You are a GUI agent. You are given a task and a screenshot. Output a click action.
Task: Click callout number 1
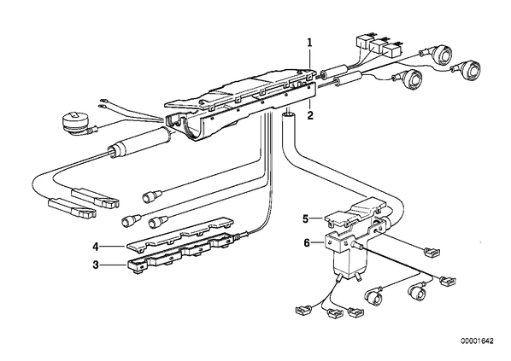309,43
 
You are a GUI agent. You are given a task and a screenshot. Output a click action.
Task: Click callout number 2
310,115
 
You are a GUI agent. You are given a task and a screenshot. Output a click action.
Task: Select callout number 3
95,265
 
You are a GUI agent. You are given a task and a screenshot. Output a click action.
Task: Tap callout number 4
95,247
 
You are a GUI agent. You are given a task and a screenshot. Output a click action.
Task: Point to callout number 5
305,219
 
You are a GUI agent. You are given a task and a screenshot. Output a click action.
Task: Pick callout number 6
306,243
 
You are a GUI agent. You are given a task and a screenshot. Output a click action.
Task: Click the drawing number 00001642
477,341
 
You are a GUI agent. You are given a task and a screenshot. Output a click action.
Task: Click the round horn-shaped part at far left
77,124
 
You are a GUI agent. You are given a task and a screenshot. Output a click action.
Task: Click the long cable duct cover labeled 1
241,87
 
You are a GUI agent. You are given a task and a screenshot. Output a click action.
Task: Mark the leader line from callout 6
317,242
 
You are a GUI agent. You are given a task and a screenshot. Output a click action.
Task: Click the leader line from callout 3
113,265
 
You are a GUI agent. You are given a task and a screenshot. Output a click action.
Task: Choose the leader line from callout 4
113,247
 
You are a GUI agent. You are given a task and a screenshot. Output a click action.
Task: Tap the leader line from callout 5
316,218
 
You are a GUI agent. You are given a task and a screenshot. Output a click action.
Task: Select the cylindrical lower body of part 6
349,265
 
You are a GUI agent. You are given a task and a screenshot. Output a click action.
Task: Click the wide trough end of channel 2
184,127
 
